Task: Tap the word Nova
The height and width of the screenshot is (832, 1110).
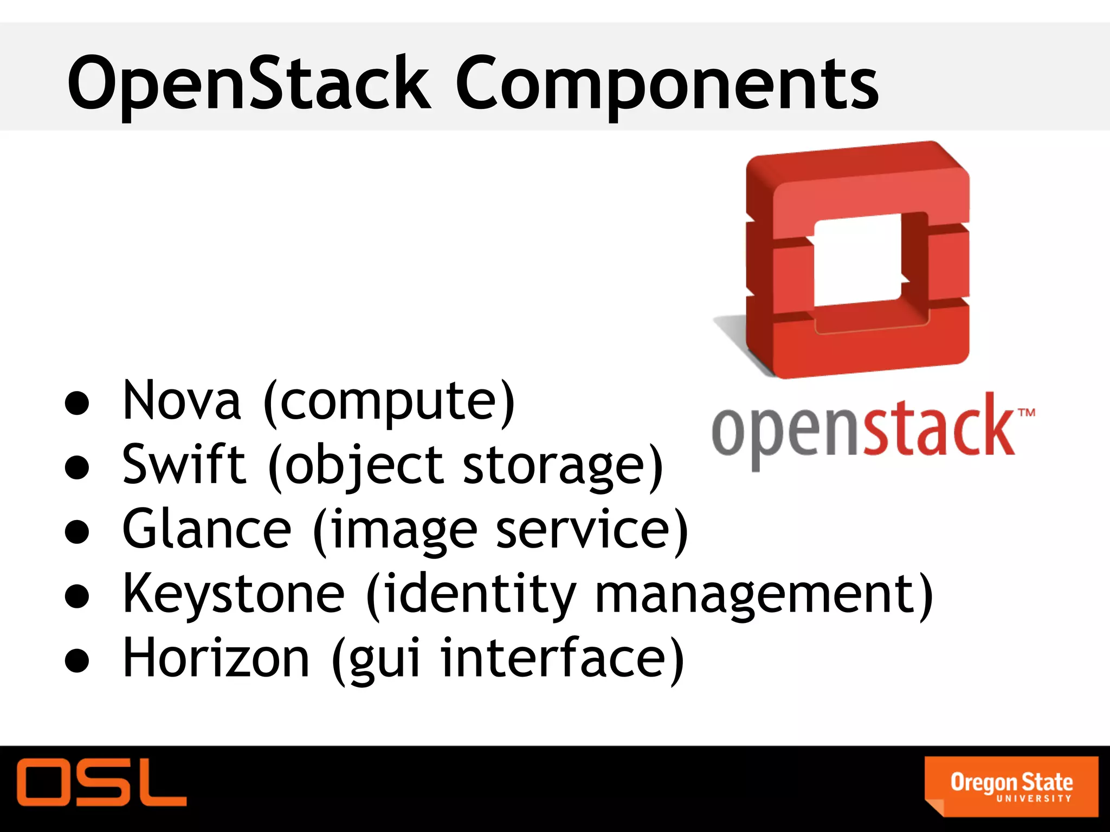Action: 182,401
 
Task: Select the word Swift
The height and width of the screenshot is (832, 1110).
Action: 184,464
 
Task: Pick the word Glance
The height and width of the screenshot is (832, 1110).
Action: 207,529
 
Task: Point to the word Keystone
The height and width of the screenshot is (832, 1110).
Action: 233,594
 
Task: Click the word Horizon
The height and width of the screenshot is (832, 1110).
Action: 216,658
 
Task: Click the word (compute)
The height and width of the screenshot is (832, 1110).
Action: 389,402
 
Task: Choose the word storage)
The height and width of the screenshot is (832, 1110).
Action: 563,466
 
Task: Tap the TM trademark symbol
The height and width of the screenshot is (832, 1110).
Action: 1027,413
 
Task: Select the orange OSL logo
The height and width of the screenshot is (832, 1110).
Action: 101,782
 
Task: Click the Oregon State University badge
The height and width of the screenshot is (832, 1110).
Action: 1011,786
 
